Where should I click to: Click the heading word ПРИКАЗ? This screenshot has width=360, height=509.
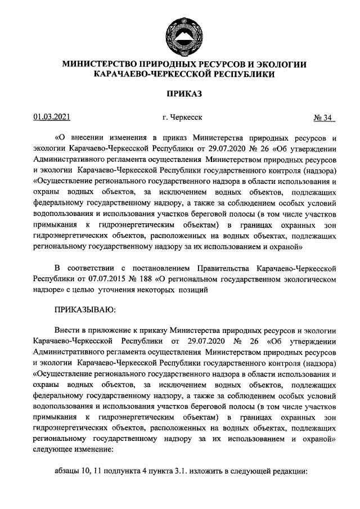(184, 92)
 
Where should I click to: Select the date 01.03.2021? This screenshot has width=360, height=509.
(51, 118)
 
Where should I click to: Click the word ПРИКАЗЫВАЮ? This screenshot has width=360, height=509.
(85, 309)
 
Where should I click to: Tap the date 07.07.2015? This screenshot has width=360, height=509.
(111, 278)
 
